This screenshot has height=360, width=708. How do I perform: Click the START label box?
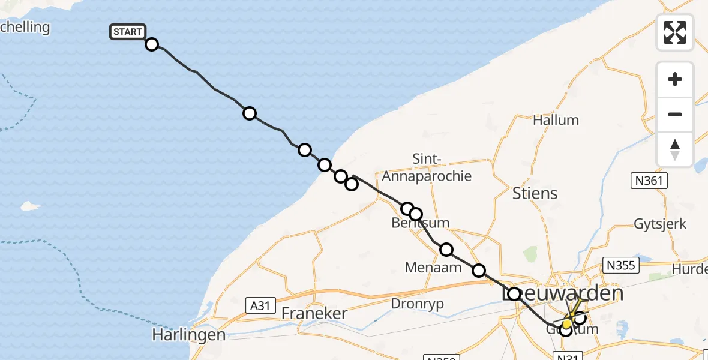tap(127, 32)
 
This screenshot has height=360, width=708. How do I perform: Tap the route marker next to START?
tap(152, 44)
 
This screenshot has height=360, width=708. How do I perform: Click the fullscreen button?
tap(675, 32)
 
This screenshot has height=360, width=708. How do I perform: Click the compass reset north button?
tap(675, 149)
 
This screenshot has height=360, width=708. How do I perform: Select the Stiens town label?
tap(535, 193)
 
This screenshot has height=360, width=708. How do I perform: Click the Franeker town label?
tap(314, 313)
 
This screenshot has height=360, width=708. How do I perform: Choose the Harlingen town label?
tap(188, 334)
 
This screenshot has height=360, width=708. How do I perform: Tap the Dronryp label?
tap(417, 304)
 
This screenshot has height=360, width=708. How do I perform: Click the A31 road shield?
tap(259, 305)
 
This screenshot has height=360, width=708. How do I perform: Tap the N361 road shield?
tap(649, 179)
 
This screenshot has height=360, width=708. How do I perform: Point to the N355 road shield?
tap(620, 265)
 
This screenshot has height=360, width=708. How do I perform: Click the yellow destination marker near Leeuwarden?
tap(567, 323)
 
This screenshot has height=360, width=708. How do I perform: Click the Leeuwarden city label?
tap(562, 294)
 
